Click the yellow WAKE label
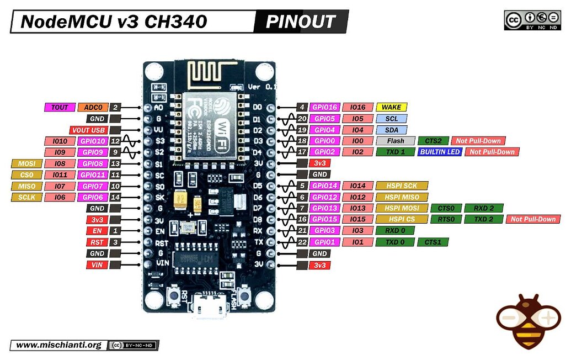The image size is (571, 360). coord(391,107)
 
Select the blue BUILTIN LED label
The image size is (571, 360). coord(440,152)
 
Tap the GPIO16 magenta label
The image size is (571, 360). coord(324,107)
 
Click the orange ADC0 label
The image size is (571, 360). coord(93,107)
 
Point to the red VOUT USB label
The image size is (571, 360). coord(88,130)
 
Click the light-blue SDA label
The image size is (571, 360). coord(391,130)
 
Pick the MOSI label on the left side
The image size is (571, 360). coord(26,163)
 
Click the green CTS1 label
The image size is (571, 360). coord(433,242)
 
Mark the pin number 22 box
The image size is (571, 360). coord(302,242)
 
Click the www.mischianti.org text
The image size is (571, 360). coord(59,345)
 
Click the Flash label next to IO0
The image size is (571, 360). coord(395,141)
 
